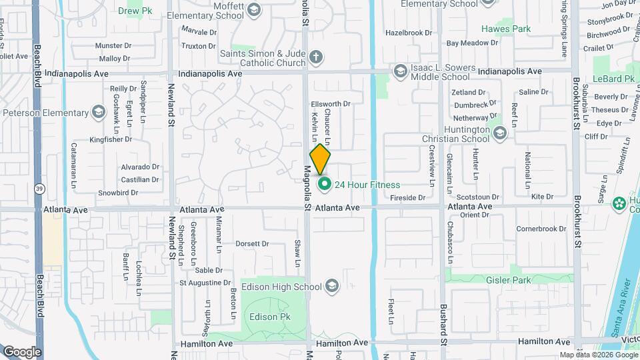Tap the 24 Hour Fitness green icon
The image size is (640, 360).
[x=325, y=185]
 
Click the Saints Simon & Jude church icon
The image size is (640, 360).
[x=316, y=58]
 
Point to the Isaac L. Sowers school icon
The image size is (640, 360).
[x=400, y=70]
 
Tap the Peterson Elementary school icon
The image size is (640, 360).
[x=99, y=111]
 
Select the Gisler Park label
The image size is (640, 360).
[x=509, y=281]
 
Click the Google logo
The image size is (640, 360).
[x=22, y=352]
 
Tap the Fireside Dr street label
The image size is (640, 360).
[x=407, y=197]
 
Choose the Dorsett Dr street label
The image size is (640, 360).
[x=251, y=244]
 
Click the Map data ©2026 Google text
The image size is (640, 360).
[x=598, y=355]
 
